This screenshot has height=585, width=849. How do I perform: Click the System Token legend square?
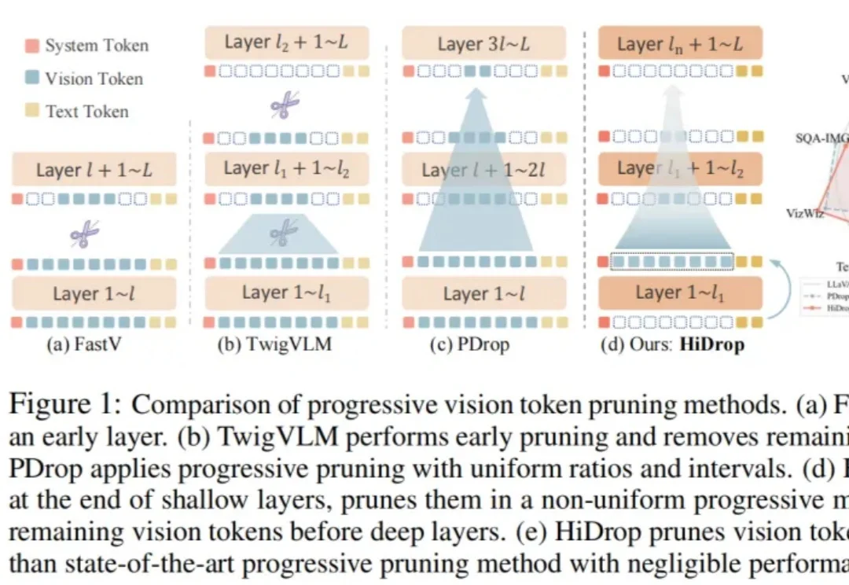click(x=31, y=46)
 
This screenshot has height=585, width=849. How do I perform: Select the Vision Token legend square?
click(x=31, y=79)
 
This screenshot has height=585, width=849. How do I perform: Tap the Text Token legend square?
click(x=31, y=112)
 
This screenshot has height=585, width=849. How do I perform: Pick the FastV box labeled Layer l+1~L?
click(x=94, y=169)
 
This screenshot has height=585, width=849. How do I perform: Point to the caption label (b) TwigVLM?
click(x=268, y=344)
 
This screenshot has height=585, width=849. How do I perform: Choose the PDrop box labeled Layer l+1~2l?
click(x=483, y=170)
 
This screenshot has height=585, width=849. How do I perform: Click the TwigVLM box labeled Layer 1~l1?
click(x=286, y=292)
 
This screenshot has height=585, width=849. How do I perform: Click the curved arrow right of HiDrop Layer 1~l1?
click(x=786, y=291)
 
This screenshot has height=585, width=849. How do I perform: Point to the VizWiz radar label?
click(x=804, y=212)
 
